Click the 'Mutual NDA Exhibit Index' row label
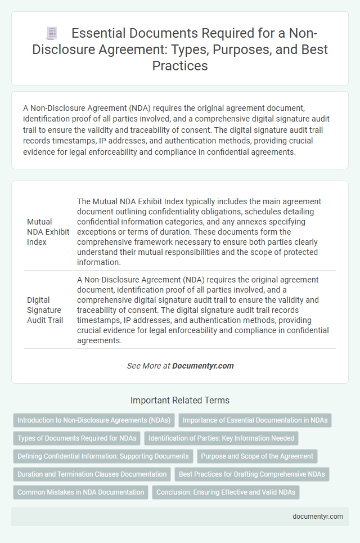[x=47, y=231]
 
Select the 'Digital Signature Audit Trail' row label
[x=44, y=309]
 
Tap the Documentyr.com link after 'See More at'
[x=203, y=366]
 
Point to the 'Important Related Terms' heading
[x=180, y=401]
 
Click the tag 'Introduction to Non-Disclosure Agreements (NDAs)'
[x=94, y=420]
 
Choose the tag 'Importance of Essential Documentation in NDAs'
[x=255, y=420]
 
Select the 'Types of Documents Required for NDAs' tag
[x=76, y=438]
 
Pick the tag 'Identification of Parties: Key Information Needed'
[x=221, y=438]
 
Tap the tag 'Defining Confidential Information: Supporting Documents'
[x=102, y=456]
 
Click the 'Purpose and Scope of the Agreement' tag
[x=256, y=456]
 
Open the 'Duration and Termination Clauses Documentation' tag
[x=92, y=474]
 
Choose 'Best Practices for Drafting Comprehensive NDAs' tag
[x=252, y=474]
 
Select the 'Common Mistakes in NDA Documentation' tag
[x=80, y=492]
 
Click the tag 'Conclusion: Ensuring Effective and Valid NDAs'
[x=226, y=492]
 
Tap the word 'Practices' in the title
[x=179, y=65]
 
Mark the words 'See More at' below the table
[x=148, y=366]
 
